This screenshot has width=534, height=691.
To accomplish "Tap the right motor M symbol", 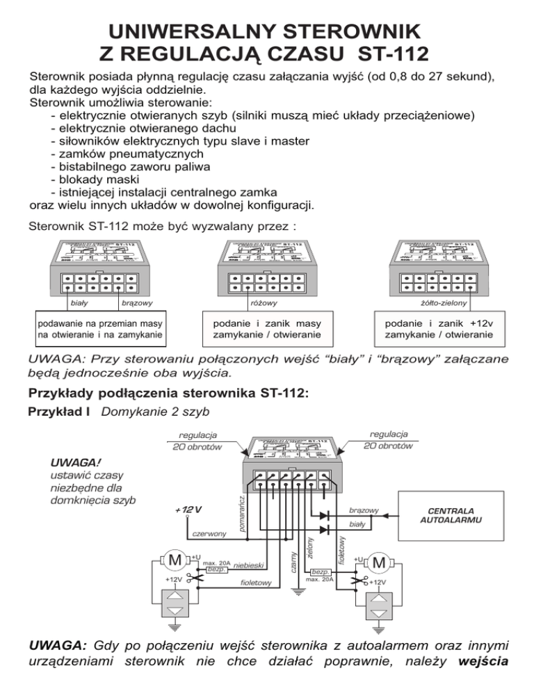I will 379,561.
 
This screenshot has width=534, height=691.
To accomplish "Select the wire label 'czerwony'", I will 208,533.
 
